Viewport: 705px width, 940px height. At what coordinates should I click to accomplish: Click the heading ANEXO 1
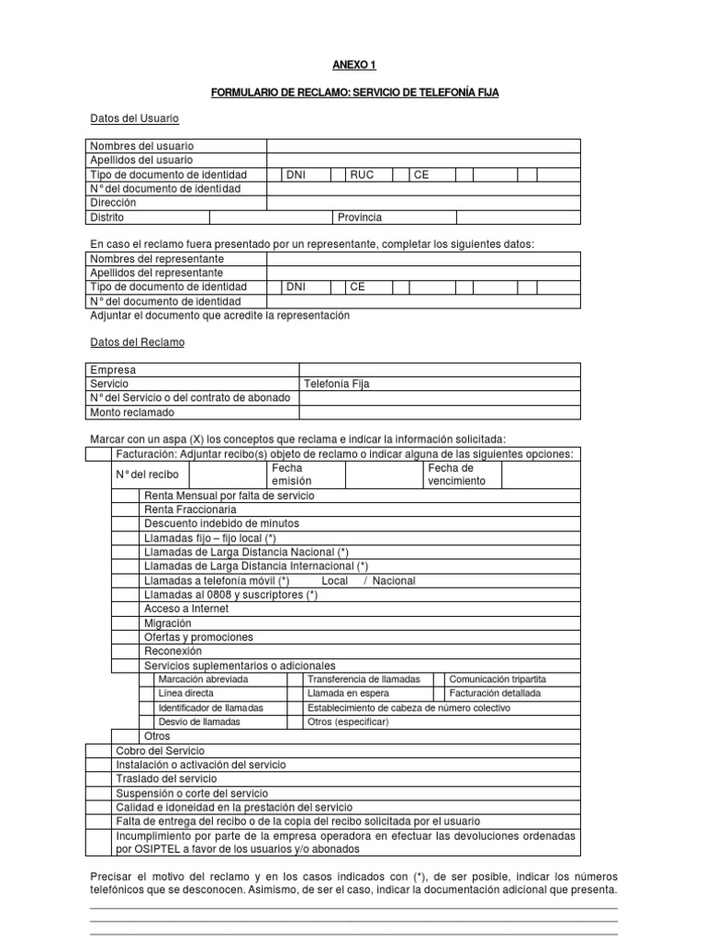coord(353,65)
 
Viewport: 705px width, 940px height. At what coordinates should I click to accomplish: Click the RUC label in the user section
coord(361,174)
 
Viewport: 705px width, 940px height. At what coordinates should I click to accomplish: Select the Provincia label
coord(360,218)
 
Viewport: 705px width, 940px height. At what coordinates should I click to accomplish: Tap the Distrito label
coord(106,218)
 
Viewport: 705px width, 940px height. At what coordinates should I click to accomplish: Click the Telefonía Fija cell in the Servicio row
coord(337,384)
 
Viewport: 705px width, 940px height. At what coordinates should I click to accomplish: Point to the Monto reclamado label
coord(131,412)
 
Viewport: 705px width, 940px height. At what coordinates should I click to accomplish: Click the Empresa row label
coord(112,370)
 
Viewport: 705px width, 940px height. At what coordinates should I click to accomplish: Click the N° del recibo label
coord(147,475)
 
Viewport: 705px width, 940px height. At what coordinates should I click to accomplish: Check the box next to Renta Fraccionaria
coord(126,509)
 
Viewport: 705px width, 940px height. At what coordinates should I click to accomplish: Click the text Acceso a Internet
coord(186,609)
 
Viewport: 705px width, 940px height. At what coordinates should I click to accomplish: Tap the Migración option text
coord(168,622)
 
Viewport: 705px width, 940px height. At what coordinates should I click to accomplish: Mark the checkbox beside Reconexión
coord(126,651)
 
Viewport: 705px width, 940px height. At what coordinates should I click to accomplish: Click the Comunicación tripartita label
coord(503,679)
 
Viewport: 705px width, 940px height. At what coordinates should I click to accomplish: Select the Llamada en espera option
coord(349,693)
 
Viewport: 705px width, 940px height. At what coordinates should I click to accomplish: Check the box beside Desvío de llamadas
coord(147,722)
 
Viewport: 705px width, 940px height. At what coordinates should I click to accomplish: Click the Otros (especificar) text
coord(349,722)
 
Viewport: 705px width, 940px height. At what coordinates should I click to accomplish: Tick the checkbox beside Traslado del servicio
coord(98,778)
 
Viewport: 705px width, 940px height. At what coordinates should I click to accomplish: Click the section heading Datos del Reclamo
coord(137,341)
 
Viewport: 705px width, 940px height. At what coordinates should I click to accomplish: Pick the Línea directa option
coord(185,693)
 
